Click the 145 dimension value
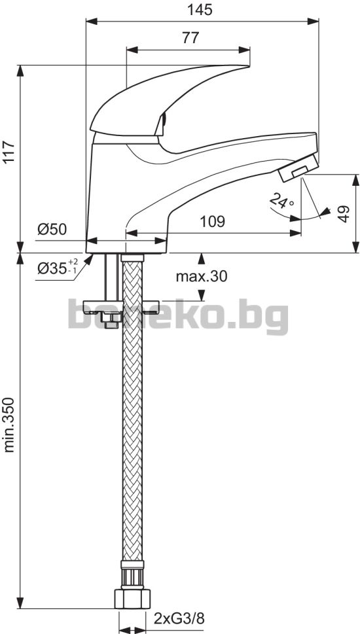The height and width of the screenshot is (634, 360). coord(200,10)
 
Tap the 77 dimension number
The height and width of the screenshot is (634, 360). coord(190,38)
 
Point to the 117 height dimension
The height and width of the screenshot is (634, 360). coord(9,152)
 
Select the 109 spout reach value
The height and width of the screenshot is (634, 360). coord(212,221)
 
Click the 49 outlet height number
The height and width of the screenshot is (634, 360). coord(344,213)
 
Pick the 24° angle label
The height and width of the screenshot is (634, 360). coord(281,200)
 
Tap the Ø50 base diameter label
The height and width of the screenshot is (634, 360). coord(52,230)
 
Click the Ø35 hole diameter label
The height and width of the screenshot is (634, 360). coord(57,266)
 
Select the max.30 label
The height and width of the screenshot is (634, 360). coord(202,277)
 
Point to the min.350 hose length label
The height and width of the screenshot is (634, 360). coord(9,425)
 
